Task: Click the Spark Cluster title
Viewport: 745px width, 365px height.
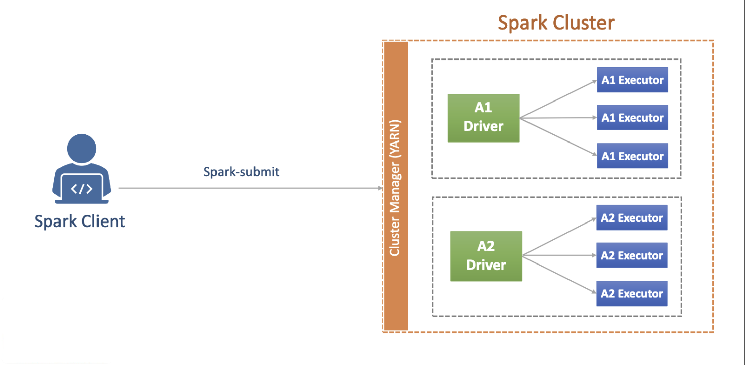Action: pyautogui.click(x=556, y=23)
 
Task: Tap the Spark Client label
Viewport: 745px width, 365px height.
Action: pyautogui.click(x=80, y=221)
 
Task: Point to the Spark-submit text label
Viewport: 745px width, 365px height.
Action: pyautogui.click(x=241, y=172)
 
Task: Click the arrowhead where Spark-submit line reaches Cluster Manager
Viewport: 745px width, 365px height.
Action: pyautogui.click(x=380, y=188)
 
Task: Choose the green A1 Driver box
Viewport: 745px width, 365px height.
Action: pyautogui.click(x=483, y=118)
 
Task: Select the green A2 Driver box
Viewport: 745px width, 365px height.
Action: pyautogui.click(x=486, y=256)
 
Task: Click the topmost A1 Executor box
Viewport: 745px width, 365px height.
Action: pyautogui.click(x=632, y=80)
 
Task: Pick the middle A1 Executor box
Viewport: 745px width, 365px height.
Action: pyautogui.click(x=632, y=117)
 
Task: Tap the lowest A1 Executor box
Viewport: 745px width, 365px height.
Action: pyautogui.click(x=632, y=156)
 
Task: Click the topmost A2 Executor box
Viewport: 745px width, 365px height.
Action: pyautogui.click(x=632, y=217)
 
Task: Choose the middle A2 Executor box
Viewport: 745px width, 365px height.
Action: pyautogui.click(x=632, y=255)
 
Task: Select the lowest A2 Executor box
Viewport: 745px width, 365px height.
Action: pyautogui.click(x=632, y=293)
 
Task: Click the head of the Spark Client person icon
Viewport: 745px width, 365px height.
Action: pyautogui.click(x=81, y=148)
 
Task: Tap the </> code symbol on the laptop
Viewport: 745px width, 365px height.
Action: pyautogui.click(x=81, y=189)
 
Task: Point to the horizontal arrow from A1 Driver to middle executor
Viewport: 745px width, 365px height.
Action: pyautogui.click(x=558, y=118)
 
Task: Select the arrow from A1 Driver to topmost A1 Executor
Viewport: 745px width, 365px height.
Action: pyautogui.click(x=558, y=99)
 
